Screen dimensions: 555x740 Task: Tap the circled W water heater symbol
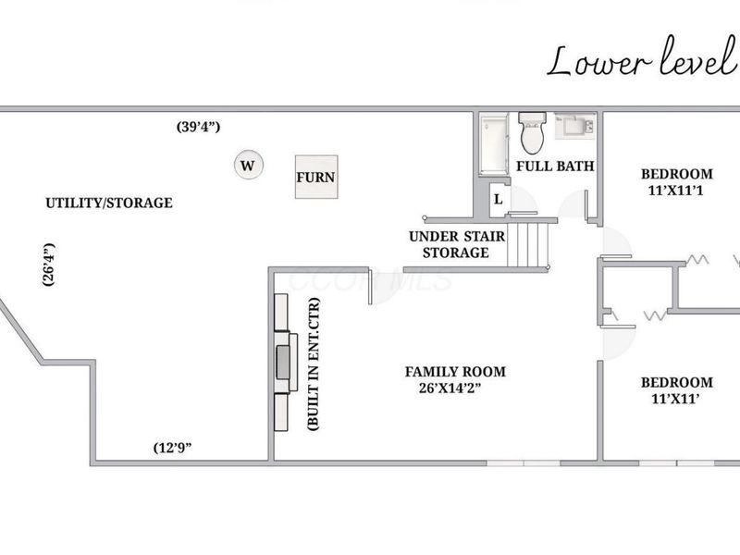click(247, 166)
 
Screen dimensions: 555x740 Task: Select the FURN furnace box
click(316, 176)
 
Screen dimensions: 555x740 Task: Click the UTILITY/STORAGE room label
click(109, 203)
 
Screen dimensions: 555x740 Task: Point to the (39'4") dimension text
click(198, 127)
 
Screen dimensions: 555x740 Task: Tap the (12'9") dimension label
click(172, 448)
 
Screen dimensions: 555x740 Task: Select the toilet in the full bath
click(532, 134)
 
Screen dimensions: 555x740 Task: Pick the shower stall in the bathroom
click(493, 144)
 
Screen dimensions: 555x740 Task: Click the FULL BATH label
click(554, 166)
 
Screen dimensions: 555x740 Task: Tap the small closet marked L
click(498, 199)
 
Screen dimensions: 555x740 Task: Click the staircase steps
click(531, 243)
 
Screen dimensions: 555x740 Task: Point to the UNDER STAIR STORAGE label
click(456, 244)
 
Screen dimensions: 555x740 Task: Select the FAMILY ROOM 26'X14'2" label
click(455, 379)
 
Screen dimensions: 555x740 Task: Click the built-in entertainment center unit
click(283, 361)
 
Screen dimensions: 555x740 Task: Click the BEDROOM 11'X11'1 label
click(677, 181)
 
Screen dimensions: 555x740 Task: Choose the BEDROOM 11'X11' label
click(677, 389)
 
